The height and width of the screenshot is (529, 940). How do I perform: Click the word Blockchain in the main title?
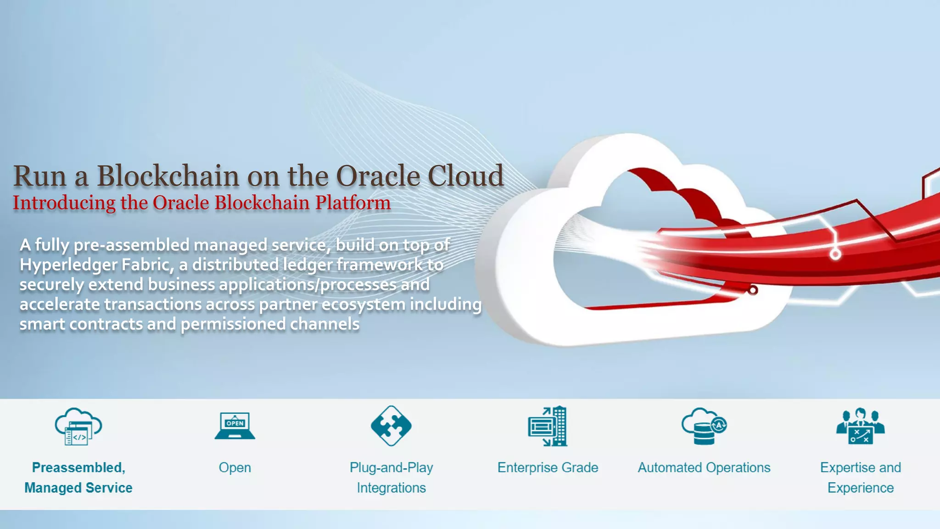click(x=168, y=176)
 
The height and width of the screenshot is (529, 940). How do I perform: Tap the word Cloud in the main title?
click(x=465, y=176)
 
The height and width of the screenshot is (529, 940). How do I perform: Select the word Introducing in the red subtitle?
click(x=64, y=203)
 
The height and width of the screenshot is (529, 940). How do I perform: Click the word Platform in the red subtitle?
click(x=353, y=203)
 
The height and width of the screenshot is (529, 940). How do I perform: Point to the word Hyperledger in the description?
click(x=68, y=265)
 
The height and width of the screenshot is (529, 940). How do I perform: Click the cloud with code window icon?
click(x=78, y=427)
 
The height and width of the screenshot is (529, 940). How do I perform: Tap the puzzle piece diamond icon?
click(x=391, y=426)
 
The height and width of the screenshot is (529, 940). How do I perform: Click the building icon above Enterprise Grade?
click(x=548, y=426)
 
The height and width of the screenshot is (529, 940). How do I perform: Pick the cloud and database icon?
click(x=704, y=426)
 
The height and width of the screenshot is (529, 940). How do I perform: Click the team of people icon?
click(x=860, y=427)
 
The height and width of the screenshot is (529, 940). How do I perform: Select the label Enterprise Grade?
click(x=548, y=467)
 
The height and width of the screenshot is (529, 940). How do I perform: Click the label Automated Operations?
click(x=704, y=467)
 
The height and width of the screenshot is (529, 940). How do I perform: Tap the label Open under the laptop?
click(x=235, y=467)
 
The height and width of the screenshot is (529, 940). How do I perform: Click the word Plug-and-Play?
click(x=391, y=467)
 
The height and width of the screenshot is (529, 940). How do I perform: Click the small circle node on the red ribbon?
click(x=835, y=254)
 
